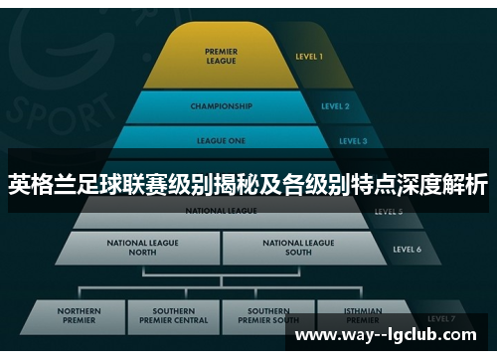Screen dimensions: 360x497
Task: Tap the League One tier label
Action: (220, 141)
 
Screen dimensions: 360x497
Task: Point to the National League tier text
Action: (220, 211)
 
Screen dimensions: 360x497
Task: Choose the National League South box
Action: (298, 247)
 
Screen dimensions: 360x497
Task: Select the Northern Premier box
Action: (80, 316)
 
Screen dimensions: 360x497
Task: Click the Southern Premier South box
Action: (268, 316)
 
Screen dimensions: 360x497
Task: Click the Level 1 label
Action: (309, 57)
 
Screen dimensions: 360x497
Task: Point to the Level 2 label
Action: (334, 105)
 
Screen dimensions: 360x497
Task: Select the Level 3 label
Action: (352, 141)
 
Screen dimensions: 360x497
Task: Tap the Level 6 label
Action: (407, 249)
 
